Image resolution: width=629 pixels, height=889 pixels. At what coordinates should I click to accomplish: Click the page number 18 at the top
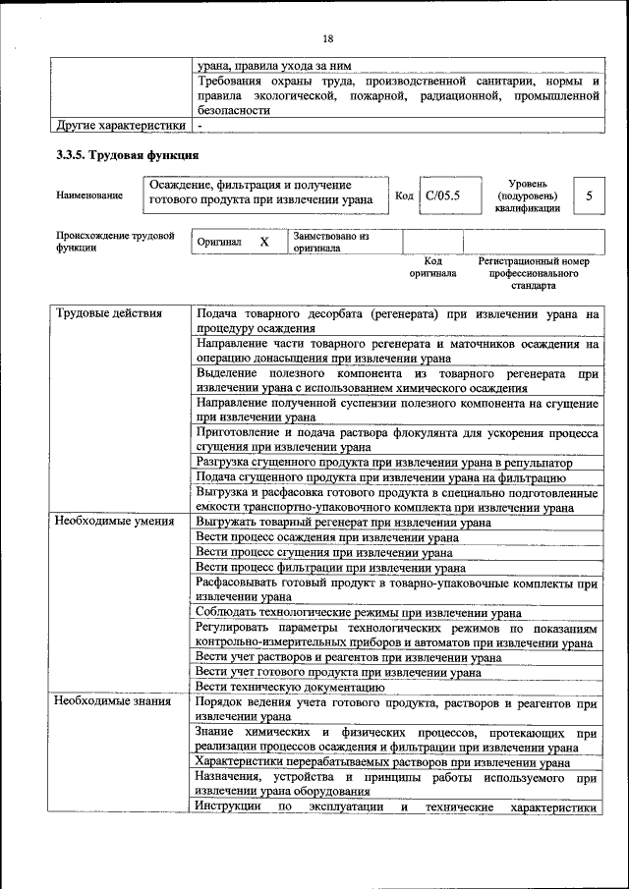click(x=327, y=38)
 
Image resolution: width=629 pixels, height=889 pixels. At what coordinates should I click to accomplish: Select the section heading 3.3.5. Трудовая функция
click(x=128, y=155)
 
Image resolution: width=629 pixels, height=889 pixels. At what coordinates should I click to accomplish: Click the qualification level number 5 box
click(x=589, y=195)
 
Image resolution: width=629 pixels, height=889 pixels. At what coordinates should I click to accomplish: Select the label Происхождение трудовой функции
click(x=115, y=242)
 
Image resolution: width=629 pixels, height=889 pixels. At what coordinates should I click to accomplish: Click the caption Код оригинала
click(x=432, y=267)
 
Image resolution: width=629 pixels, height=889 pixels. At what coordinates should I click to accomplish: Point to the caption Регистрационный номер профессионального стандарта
click(x=534, y=273)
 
